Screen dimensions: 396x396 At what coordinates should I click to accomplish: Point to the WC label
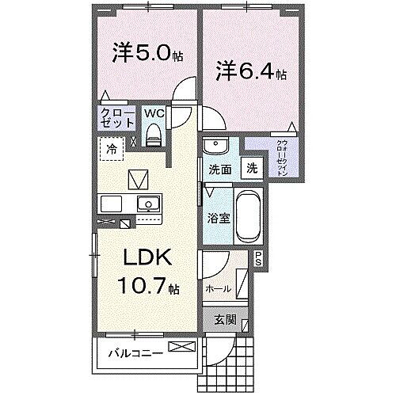154,112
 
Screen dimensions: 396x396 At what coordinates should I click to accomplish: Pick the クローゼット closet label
116,118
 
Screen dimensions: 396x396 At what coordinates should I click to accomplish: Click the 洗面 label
219,169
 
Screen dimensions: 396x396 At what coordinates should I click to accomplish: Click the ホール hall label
219,288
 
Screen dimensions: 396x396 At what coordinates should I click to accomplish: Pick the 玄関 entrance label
224,320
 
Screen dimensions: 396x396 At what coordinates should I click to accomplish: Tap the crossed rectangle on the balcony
180,346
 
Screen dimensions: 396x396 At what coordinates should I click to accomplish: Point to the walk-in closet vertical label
282,158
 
